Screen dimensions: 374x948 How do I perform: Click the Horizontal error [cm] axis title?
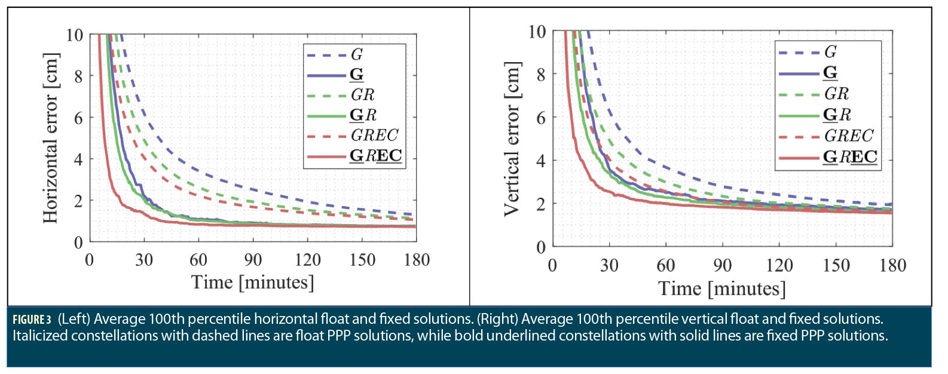coord(51,138)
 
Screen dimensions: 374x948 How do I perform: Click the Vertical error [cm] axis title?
coord(512,138)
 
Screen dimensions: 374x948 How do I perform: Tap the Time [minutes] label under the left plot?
coord(252,282)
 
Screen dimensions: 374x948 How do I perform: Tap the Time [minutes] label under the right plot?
coord(721,289)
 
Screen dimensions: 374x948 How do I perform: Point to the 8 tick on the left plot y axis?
coord(78,76)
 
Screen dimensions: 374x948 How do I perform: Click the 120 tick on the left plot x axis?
coord(308,260)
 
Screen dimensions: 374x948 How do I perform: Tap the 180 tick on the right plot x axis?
coord(892,265)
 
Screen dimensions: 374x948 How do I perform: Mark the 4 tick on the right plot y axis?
coord(540,161)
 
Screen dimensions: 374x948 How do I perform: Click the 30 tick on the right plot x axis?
coord(609,265)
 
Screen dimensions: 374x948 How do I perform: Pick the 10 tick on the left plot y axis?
coord(74,35)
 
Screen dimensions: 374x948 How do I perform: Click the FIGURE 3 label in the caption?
coord(32,320)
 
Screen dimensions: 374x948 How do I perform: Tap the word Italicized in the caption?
coord(40,336)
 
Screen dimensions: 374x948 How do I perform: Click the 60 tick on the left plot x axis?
coord(198,260)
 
